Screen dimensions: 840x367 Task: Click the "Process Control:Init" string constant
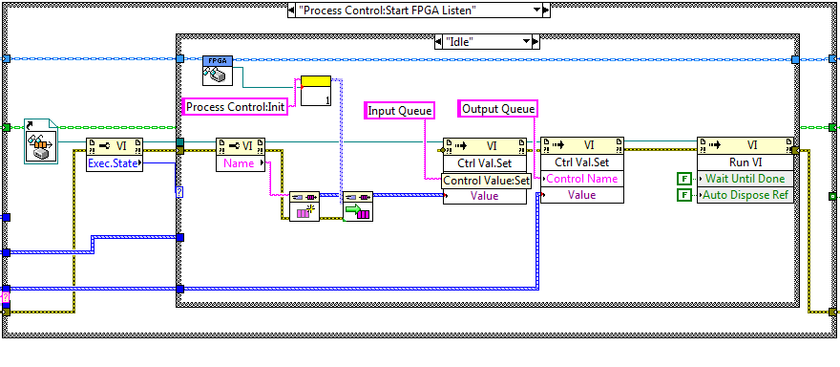pos(236,107)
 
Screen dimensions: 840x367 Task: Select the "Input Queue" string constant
pos(399,111)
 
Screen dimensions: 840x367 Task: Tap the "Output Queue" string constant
pos(498,109)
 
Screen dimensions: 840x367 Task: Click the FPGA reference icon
pos(218,71)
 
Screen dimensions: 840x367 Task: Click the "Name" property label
pos(241,163)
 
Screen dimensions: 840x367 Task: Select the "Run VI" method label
pos(745,162)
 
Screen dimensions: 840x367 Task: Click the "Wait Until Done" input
pos(745,178)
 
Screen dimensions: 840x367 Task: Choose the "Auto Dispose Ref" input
pos(745,195)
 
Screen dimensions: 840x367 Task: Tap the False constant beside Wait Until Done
pos(683,178)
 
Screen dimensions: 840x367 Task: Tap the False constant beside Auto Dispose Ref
pos(683,195)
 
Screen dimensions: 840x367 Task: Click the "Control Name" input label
pos(582,179)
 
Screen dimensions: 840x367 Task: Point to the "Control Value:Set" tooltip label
pos(487,181)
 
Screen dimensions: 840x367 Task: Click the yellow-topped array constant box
pos(316,91)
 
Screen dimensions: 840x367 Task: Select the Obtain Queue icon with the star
pos(304,206)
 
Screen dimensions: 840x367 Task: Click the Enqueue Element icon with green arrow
pos(358,206)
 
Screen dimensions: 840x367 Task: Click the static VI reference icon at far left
pos(41,140)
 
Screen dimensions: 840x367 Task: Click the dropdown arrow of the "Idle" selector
pos(527,42)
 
